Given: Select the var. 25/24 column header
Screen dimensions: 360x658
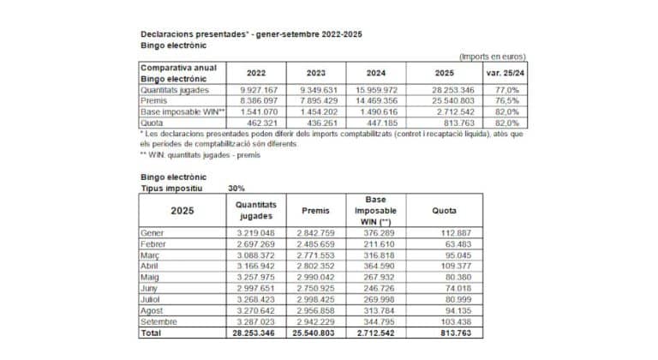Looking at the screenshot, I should point(505,73).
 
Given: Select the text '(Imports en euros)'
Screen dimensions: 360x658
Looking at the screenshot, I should point(492,57).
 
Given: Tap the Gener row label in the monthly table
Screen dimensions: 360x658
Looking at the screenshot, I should point(152,232).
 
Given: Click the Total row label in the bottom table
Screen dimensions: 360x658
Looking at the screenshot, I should point(151,333).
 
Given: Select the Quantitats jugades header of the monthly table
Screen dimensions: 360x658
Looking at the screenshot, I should point(254,210).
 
